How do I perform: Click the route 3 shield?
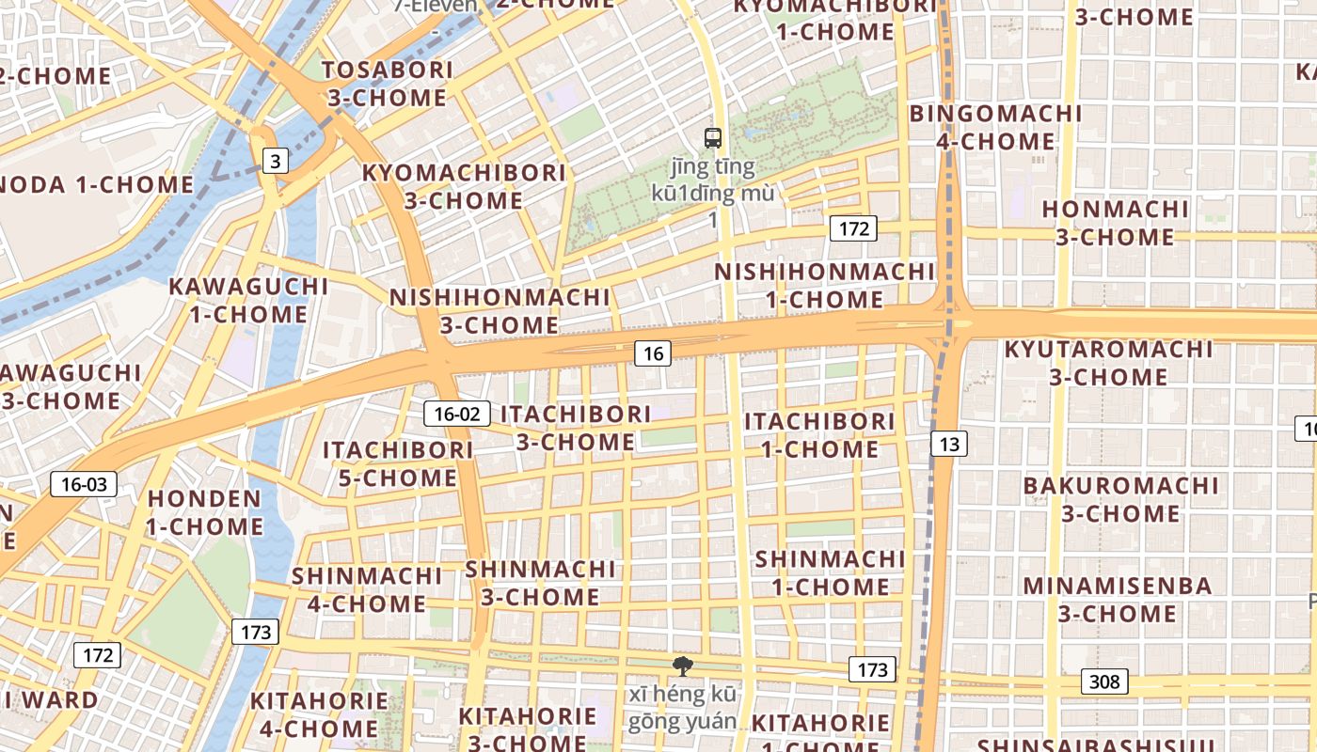[274, 162]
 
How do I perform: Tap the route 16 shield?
[653, 353]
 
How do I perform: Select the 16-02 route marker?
[457, 414]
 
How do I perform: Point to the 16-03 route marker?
[84, 485]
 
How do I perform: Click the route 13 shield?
[949, 444]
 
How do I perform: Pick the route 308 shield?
[1104, 681]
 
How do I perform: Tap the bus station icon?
[713, 138]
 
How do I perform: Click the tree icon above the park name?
[682, 666]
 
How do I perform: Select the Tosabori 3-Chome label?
[387, 84]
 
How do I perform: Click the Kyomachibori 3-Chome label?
[464, 186]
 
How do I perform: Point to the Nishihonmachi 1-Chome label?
[824, 286]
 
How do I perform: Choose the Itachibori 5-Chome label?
[398, 463]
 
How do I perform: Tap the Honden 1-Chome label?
[205, 512]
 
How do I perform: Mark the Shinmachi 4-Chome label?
[366, 589]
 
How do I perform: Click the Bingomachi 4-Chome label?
[996, 128]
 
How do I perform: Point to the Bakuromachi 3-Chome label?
[1120, 499]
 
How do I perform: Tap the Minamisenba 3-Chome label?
[1118, 600]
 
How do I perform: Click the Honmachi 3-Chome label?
[1115, 223]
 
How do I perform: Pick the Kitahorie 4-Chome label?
[319, 714]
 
